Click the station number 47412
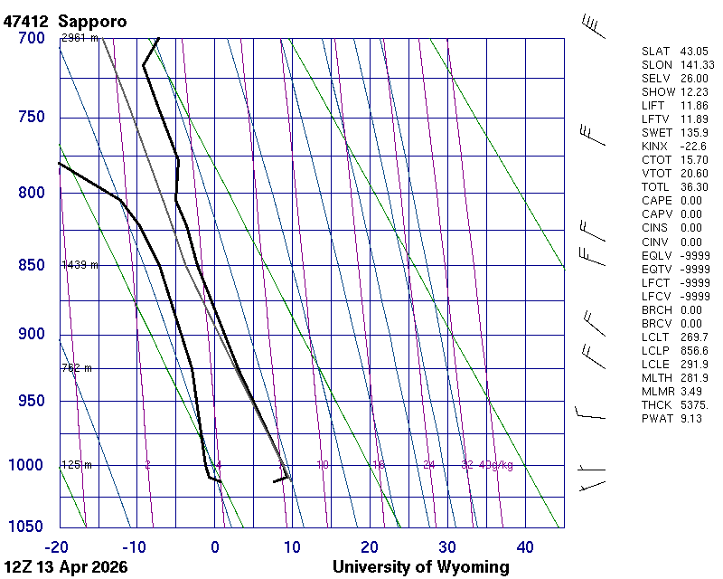point(26,20)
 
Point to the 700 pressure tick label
point(31,38)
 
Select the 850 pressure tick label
point(31,265)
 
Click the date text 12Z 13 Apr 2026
point(65,567)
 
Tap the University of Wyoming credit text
point(420,567)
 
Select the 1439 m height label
point(80,265)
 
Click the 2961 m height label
point(80,38)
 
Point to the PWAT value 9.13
point(691,418)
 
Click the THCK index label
point(655,404)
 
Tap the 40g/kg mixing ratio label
point(496,465)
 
